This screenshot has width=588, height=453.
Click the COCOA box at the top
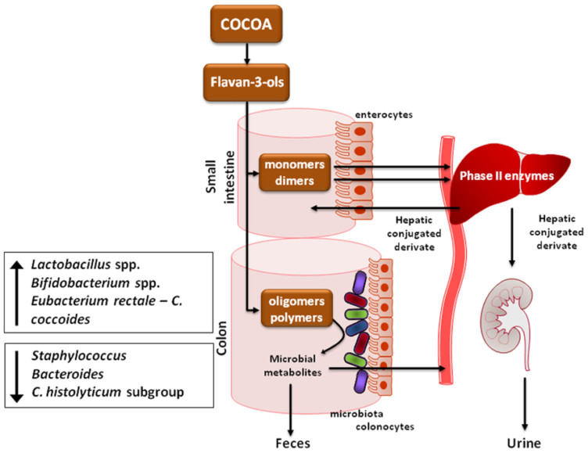(247, 25)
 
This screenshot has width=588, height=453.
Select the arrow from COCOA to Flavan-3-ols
(247, 52)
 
